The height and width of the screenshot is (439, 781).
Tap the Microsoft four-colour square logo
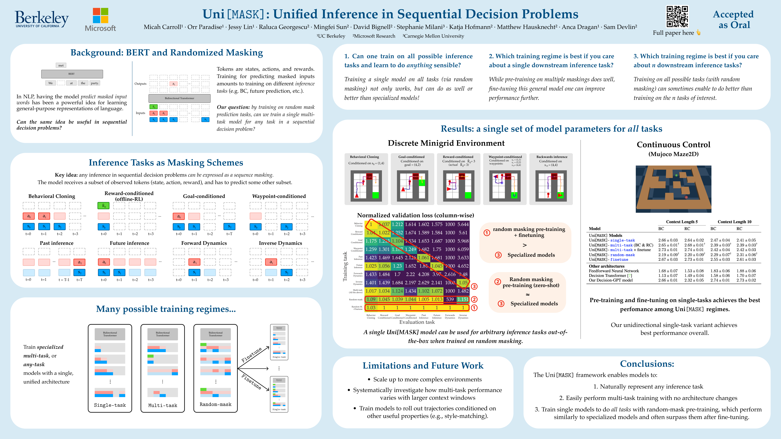(100, 15)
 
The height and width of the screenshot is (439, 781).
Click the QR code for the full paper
(677, 17)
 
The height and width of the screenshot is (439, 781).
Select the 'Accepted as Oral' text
(733, 19)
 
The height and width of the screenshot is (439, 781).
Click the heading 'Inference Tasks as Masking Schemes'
(166, 163)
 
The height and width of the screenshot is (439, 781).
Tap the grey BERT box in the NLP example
(72, 74)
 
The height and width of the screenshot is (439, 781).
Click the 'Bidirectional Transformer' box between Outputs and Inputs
(180, 98)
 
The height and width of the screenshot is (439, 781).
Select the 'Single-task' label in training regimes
(110, 405)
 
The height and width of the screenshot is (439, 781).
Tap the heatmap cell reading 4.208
(424, 274)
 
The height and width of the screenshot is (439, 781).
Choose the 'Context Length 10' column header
(734, 222)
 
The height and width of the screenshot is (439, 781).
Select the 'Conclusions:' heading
(647, 364)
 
